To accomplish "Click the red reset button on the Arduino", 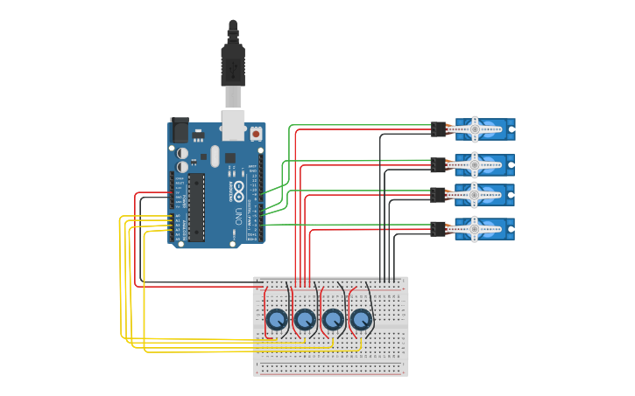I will click(256, 134).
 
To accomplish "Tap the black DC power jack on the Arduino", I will click(179, 130).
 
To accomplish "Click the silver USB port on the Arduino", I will click(233, 124).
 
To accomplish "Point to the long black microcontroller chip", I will click(196, 206).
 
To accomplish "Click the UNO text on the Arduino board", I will click(237, 215).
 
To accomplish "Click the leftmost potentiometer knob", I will click(277, 320).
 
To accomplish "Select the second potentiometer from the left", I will click(305, 320).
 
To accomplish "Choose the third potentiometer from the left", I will click(333, 320).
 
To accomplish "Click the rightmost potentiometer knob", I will click(361, 320).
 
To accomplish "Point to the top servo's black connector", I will click(439, 129).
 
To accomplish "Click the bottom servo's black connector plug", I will click(439, 230).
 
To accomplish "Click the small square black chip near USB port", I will click(230, 158).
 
